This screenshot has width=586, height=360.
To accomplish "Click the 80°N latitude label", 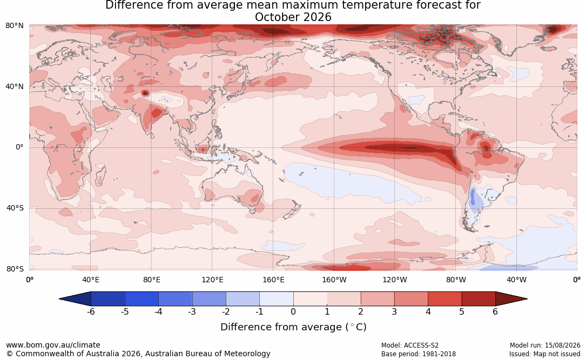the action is pyautogui.click(x=14, y=26).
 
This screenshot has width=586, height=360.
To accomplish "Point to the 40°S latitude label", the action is pyautogui.click(x=15, y=208).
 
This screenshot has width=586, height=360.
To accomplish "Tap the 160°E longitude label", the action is pyautogui.click(x=273, y=280).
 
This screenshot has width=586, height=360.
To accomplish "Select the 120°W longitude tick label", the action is pyautogui.click(x=395, y=280).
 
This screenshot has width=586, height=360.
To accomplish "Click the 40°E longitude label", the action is pyautogui.click(x=90, y=280).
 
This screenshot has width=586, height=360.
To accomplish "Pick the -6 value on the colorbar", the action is pyautogui.click(x=91, y=311).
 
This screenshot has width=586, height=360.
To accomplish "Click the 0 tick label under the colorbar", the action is pyautogui.click(x=293, y=311).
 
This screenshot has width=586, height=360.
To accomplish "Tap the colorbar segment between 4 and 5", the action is pyautogui.click(x=444, y=299).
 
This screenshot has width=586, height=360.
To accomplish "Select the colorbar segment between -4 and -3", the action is pyautogui.click(x=176, y=299).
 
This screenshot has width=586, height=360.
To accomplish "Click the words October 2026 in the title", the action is pyautogui.click(x=293, y=17).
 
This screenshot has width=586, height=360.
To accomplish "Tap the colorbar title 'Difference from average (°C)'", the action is pyautogui.click(x=293, y=327).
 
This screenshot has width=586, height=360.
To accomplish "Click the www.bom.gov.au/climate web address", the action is pyautogui.click(x=53, y=345).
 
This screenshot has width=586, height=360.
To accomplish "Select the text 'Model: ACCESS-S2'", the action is pyautogui.click(x=409, y=345).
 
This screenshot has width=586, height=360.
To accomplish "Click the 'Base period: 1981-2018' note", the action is pyautogui.click(x=419, y=354).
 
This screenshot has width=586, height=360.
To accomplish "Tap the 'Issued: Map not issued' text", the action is pyautogui.click(x=544, y=354).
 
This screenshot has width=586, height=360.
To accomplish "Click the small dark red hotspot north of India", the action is pyautogui.click(x=145, y=93).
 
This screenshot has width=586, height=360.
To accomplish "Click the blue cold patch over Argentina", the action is pyautogui.click(x=473, y=198).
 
